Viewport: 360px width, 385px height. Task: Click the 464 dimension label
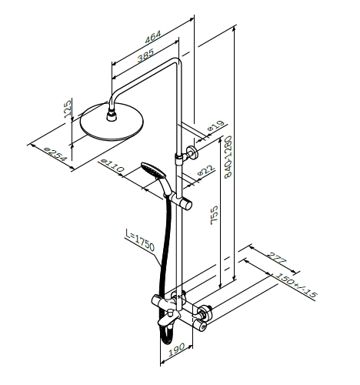click(153, 37)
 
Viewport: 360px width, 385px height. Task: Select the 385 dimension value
click(145, 55)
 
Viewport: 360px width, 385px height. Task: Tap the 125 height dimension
click(67, 109)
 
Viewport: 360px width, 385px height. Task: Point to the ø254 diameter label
click(55, 155)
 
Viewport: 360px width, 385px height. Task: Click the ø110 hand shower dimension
click(112, 166)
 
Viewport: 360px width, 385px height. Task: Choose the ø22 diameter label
click(206, 169)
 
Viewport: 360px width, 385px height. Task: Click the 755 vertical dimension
click(214, 215)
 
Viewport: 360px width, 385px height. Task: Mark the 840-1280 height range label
click(228, 157)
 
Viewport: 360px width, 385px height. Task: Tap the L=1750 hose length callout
click(140, 240)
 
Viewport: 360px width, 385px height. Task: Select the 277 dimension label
click(276, 258)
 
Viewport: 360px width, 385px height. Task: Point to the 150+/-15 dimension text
click(296, 285)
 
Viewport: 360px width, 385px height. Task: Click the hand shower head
click(153, 170)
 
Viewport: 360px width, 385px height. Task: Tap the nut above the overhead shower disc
click(112, 115)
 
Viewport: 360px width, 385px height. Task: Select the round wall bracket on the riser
click(192, 152)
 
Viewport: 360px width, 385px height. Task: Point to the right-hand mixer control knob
click(202, 319)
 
